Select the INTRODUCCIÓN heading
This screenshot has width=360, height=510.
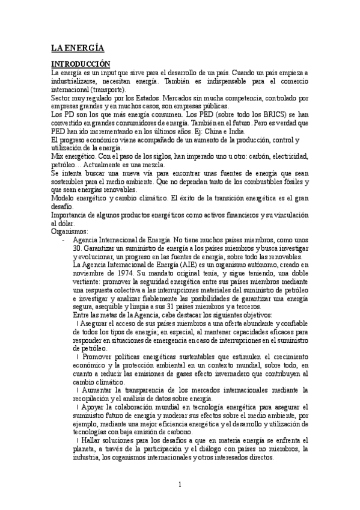pos(81,63)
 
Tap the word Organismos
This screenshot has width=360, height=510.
pos(70,230)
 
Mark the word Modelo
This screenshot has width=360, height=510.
pos(64,197)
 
